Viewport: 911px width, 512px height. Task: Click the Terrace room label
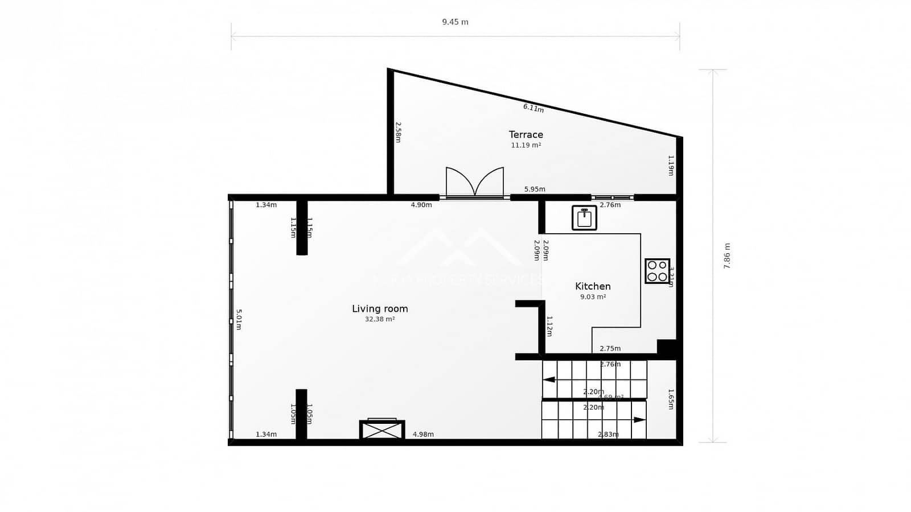click(x=526, y=135)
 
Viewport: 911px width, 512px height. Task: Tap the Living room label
click(x=380, y=309)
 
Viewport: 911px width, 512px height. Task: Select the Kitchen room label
click(x=593, y=286)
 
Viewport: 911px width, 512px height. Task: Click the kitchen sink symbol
click(x=584, y=218)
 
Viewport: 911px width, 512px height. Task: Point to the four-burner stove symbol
click(x=657, y=271)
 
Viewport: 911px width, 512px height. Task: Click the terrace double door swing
click(x=475, y=182)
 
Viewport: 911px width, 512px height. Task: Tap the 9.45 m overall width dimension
click(x=455, y=22)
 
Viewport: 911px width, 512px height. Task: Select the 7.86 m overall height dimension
click(x=727, y=256)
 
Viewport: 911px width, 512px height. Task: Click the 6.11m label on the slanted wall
click(x=534, y=108)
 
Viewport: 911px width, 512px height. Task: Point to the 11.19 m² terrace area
click(x=526, y=146)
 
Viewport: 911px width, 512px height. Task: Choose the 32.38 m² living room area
click(x=380, y=320)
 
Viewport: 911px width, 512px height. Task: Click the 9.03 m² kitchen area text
click(x=593, y=297)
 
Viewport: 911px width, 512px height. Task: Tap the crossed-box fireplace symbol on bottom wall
click(x=382, y=430)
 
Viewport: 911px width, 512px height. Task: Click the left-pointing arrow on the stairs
click(x=549, y=379)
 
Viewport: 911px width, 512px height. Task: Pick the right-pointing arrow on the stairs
click(x=639, y=420)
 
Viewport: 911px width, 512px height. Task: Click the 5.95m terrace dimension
click(x=535, y=189)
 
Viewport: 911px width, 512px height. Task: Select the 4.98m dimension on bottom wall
click(x=423, y=435)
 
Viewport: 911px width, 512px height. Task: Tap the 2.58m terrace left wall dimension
click(x=398, y=132)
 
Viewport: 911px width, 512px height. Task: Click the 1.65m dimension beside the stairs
click(x=671, y=399)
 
